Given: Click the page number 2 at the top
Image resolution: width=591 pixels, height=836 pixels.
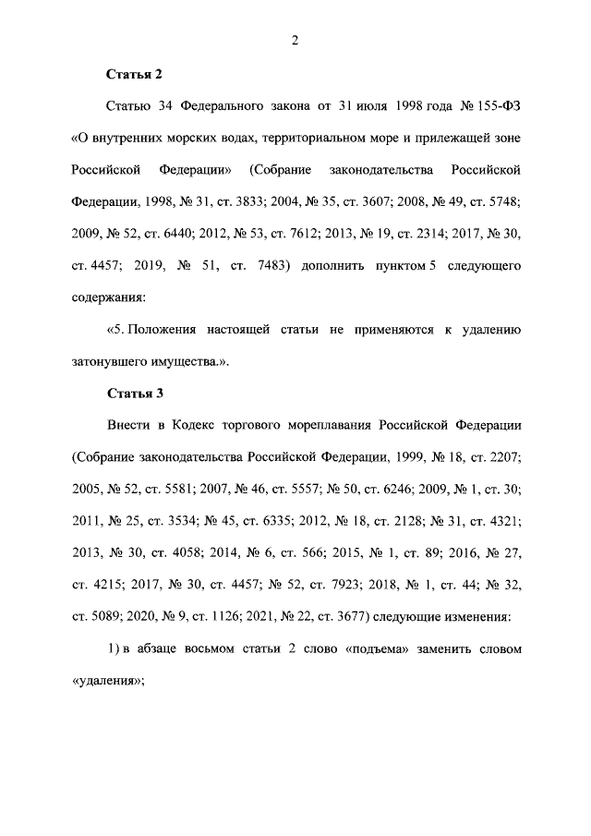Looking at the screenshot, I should [295, 39].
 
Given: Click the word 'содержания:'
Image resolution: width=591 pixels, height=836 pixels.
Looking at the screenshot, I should [108, 298].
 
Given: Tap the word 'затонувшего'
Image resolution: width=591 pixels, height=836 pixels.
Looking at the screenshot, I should [110, 362].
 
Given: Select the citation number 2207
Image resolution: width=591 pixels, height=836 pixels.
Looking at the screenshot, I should [503, 458].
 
